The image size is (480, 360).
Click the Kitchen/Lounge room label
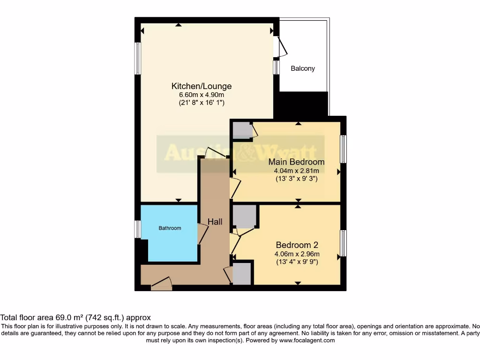tap(201, 86)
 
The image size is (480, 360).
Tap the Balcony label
tap(303, 68)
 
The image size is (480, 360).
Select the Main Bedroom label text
tap(296, 162)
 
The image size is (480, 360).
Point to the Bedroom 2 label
tap(297, 245)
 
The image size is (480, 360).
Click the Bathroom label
tap(169, 228)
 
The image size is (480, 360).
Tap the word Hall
tap(215, 222)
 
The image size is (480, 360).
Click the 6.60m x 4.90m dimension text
tap(201, 95)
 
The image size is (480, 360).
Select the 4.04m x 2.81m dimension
tap(296, 171)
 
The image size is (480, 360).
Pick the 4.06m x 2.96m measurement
tap(297, 254)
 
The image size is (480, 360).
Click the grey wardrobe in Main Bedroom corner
tap(242, 130)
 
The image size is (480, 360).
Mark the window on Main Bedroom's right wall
tap(343, 149)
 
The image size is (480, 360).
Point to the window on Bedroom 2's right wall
tap(343, 243)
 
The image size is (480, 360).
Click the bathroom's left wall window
tap(138, 229)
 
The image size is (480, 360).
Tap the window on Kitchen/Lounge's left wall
tap(138, 58)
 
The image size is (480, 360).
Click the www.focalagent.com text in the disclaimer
tap(307, 340)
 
